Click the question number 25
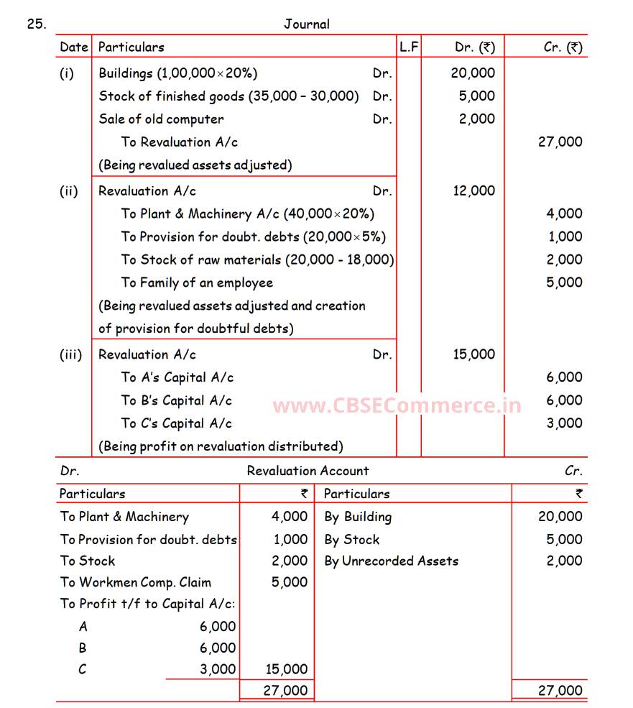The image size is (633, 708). point(37,24)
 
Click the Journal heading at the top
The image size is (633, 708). point(307,24)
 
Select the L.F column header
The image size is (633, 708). point(409,47)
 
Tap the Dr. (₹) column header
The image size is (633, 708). point(475,47)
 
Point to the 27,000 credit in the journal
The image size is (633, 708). point(560,142)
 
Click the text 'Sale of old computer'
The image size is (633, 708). point(161,119)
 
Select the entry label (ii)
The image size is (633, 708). point(69,190)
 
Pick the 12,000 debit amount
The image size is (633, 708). point(473,190)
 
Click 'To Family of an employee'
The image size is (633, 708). point(197,282)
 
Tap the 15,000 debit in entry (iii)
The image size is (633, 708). point(473,354)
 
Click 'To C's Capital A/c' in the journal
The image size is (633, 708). point(177,423)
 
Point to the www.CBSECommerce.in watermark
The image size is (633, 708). point(397,405)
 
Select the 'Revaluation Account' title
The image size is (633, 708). point(308,471)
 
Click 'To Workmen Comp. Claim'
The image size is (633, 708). point(136,582)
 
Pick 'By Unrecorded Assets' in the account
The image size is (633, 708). point(392,561)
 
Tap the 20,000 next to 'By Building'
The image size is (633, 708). point(560,516)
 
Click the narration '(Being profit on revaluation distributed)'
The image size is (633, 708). point(221,446)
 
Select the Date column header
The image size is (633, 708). point(73,47)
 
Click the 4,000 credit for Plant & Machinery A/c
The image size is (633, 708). point(564,213)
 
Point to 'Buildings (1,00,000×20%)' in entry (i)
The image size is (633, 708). point(178,73)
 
